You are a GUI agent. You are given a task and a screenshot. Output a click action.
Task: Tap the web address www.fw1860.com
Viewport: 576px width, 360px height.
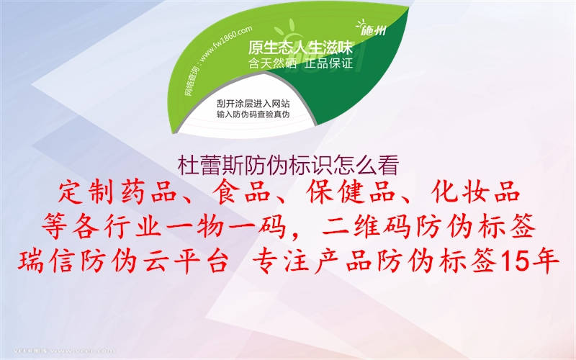pos(222,47)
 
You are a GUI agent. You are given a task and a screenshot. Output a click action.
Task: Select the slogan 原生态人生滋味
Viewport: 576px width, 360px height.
pos(300,48)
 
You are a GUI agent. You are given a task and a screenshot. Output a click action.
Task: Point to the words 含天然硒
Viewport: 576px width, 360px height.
pos(271,63)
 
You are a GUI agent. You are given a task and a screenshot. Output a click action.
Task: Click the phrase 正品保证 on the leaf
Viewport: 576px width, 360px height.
pos(328,63)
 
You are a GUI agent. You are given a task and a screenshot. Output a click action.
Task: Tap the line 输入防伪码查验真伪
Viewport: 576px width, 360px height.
pos(253,114)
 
